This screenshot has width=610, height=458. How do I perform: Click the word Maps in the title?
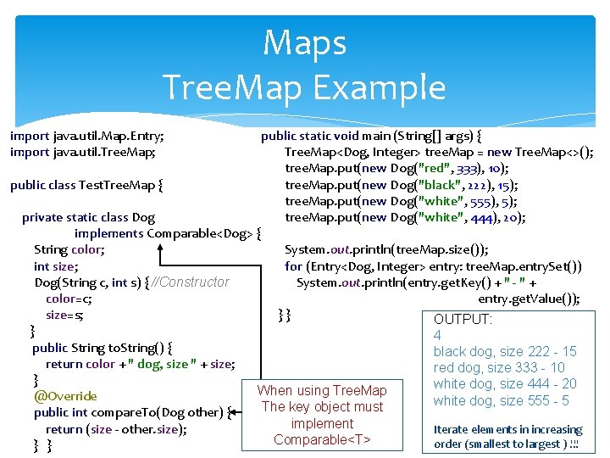pyautogui.click(x=304, y=43)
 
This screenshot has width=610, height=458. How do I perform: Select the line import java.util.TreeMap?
pyautogui.click(x=82, y=152)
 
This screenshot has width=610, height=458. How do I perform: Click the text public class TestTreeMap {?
pyautogui.click(x=86, y=184)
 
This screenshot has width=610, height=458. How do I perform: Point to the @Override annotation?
pyautogui.click(x=65, y=396)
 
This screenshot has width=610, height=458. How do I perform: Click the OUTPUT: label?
pyautogui.click(x=463, y=319)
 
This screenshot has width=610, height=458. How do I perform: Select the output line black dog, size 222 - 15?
pyautogui.click(x=505, y=351)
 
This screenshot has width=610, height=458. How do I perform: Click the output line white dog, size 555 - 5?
pyautogui.click(x=501, y=400)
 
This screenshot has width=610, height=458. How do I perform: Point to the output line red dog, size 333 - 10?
pyautogui.click(x=499, y=367)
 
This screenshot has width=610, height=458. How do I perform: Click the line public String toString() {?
pyautogui.click(x=103, y=347)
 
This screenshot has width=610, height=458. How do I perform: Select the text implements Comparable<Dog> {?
pyautogui.click(x=168, y=233)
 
